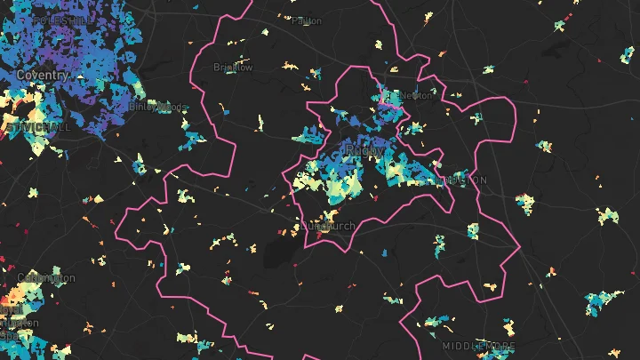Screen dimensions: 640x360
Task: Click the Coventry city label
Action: (x=42, y=76)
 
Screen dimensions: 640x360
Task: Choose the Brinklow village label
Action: (x=233, y=67)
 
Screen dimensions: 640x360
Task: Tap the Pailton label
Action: (x=306, y=20)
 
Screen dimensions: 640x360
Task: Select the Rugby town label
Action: (x=364, y=152)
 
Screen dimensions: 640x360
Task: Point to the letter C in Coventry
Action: (x=20, y=76)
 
